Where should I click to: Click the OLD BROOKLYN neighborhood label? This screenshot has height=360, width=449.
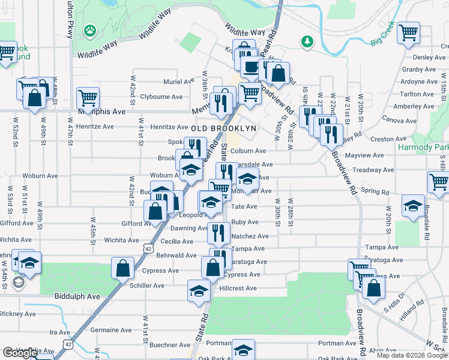(x=224, y=128)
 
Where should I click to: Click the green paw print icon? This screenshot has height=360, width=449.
(x=90, y=29)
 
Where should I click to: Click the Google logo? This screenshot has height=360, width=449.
(x=19, y=353)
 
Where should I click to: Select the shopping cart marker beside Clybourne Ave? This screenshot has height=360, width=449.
(x=88, y=97)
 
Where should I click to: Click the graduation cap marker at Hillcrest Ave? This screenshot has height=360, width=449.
(x=199, y=290)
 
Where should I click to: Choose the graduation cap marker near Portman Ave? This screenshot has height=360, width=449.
(x=243, y=350)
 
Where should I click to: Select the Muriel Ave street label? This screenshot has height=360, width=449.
(x=179, y=82)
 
